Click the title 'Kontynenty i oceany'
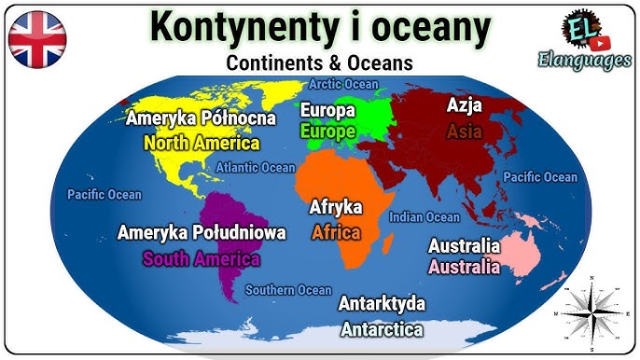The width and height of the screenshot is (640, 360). (320, 28)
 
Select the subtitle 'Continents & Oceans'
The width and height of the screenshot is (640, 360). (319, 64)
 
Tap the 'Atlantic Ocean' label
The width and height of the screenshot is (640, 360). (256, 168)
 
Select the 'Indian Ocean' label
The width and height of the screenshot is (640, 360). (424, 217)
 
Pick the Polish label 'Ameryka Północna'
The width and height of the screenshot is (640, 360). (201, 118)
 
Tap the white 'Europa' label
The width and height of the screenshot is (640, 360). (327, 110)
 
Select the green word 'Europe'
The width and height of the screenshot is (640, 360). (327, 132)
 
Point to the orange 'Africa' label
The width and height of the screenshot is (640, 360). (336, 232)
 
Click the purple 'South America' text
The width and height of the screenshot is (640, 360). (201, 258)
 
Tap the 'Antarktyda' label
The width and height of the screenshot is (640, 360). (382, 305)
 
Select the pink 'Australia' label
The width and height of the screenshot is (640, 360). (464, 267)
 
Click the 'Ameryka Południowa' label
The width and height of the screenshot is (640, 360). (202, 233)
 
